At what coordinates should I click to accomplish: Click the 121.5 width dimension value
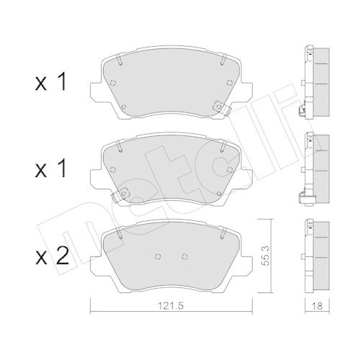(171, 306)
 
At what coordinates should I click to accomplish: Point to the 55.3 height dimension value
(266, 256)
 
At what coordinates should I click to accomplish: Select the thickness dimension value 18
(318, 306)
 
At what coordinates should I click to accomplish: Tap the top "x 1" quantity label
(50, 84)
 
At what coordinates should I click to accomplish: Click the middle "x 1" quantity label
(50, 170)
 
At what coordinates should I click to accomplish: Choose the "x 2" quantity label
(52, 256)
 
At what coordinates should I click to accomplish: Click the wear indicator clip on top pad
(222, 107)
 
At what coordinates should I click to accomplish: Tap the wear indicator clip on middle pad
(121, 194)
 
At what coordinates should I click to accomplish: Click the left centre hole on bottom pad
(158, 256)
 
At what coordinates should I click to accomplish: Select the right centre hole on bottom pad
(184, 256)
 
